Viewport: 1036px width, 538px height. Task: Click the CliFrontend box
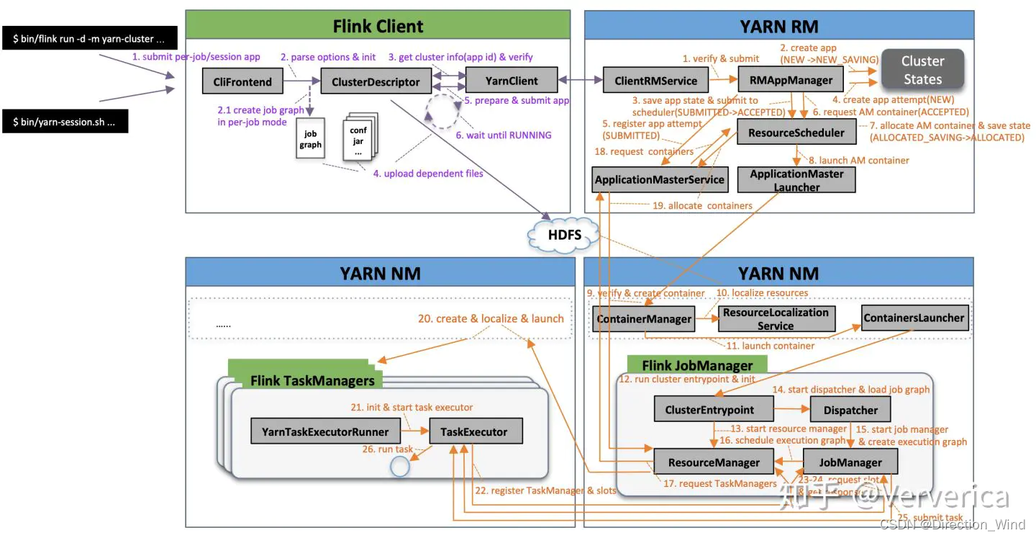pyautogui.click(x=242, y=81)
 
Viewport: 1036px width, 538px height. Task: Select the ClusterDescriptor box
pyautogui.click(x=376, y=81)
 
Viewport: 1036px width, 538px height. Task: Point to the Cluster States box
pyautogui.click(x=922, y=70)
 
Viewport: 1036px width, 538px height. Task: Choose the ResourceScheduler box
pyautogui.click(x=796, y=133)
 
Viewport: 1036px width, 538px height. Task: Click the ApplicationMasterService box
pyautogui.click(x=659, y=179)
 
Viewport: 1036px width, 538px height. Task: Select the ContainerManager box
pyautogui.click(x=643, y=318)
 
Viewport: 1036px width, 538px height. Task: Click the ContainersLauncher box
pyautogui.click(x=914, y=318)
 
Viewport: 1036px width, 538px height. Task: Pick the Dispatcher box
pyautogui.click(x=850, y=410)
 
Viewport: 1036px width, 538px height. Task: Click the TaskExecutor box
pyautogui.click(x=476, y=432)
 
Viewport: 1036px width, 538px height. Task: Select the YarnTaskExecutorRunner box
pyautogui.click(x=325, y=432)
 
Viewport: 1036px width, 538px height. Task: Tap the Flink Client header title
pyautogui.click(x=378, y=27)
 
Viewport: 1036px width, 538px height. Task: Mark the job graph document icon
pyautogui.click(x=311, y=140)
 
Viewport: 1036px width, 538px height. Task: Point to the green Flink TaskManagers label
pyautogui.click(x=312, y=380)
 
